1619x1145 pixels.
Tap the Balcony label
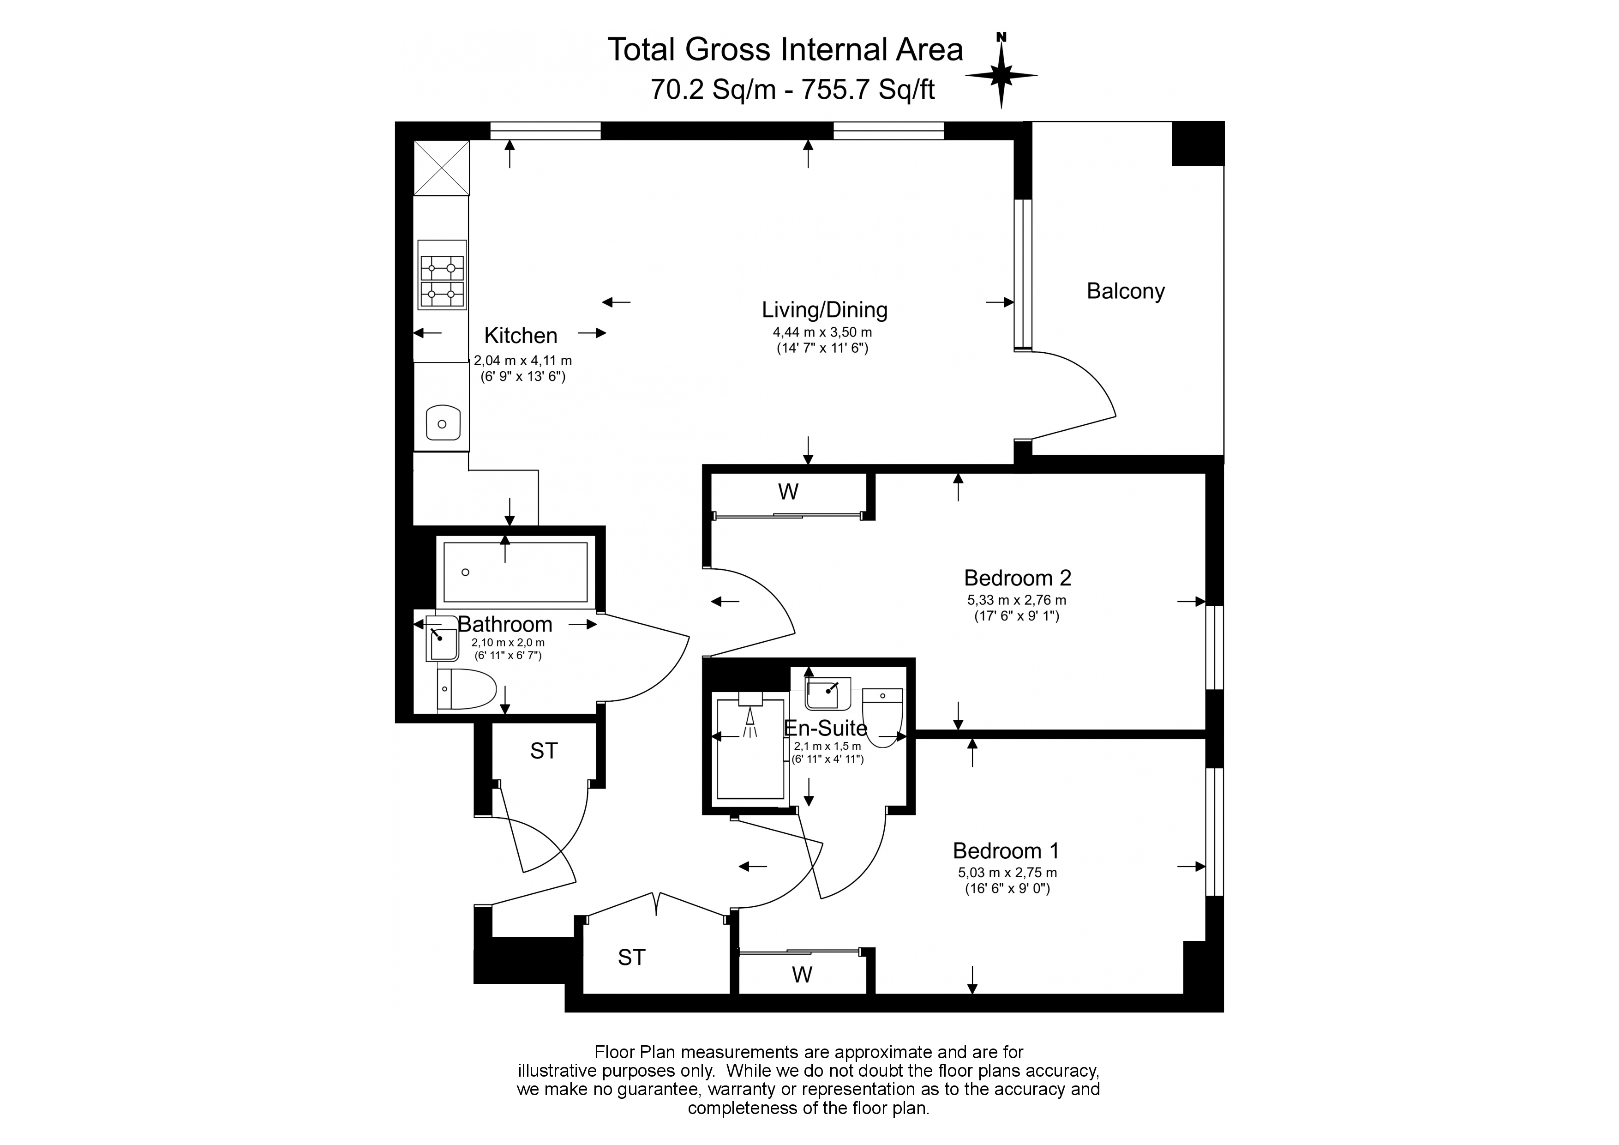pyautogui.click(x=1125, y=291)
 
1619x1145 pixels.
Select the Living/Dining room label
pyautogui.click(x=824, y=310)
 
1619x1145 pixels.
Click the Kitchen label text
pyautogui.click(x=521, y=335)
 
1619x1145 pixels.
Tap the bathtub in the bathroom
pyautogui.click(x=516, y=572)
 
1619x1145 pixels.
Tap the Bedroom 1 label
pyautogui.click(x=1006, y=851)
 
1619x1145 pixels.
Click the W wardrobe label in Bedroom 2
pyautogui.click(x=788, y=492)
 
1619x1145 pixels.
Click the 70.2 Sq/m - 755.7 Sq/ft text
pyautogui.click(x=792, y=90)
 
